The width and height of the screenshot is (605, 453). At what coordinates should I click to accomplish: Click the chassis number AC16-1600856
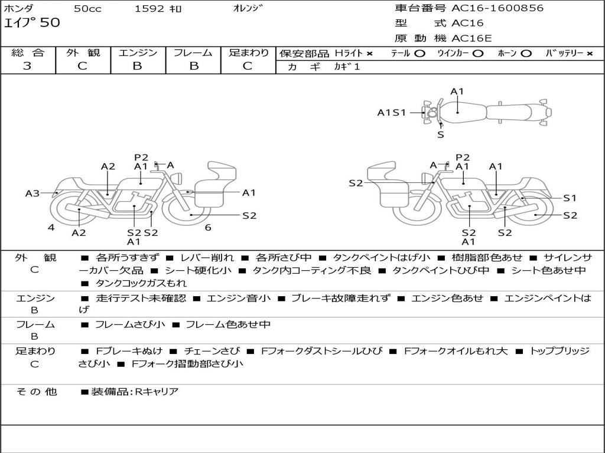coord(497,8)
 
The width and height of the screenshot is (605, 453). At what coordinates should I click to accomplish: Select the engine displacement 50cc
coord(87,8)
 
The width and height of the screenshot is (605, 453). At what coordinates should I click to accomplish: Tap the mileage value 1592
coord(149,8)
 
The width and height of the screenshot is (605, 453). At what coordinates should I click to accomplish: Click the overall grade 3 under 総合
coord(27,66)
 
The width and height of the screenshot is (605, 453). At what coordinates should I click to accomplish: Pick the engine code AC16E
coord(471,38)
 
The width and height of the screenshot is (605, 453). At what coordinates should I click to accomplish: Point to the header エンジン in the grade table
coord(138,52)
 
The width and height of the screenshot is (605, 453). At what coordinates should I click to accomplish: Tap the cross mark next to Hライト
coord(370,54)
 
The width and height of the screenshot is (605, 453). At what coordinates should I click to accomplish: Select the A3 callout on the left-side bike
coord(32,193)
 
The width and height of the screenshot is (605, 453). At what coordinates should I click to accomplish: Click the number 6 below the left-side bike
coord(208,228)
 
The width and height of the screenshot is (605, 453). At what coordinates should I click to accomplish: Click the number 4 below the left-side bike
coord(51,228)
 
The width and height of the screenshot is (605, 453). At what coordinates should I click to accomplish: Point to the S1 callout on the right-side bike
coord(570,198)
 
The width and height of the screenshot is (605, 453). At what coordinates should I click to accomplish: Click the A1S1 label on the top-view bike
coord(392,113)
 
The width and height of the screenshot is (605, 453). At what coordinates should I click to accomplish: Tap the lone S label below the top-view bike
coord(441,135)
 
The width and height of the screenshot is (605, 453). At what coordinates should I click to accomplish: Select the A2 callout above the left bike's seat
coord(108,166)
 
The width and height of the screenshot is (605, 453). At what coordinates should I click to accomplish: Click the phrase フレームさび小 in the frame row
coord(130,324)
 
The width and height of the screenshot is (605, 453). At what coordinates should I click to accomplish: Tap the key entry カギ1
coord(347,67)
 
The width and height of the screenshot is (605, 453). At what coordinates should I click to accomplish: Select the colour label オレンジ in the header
coord(248,8)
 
